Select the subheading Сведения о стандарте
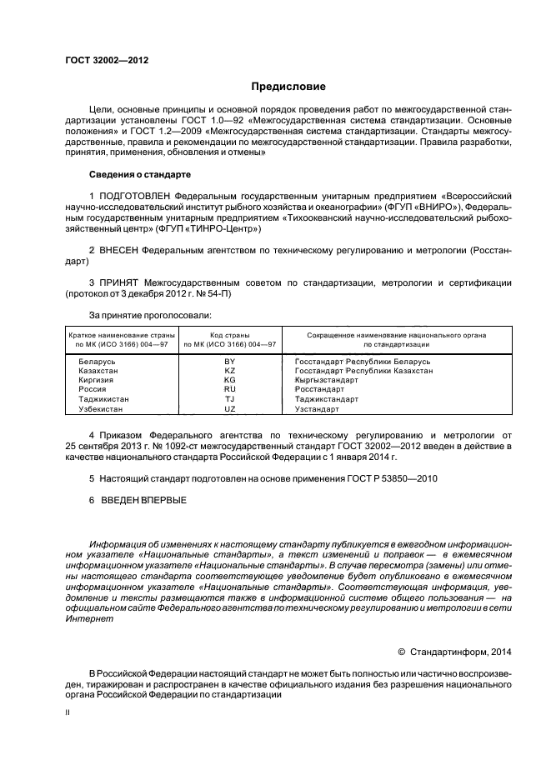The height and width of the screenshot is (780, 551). coord(140,175)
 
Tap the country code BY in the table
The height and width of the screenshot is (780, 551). coord(230,361)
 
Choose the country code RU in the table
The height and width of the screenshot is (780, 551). coord(230,389)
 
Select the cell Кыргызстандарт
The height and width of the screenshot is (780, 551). coord(327,380)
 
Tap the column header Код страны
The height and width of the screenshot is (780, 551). coord(230,334)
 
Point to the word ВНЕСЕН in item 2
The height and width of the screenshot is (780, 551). coord(118,249)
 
